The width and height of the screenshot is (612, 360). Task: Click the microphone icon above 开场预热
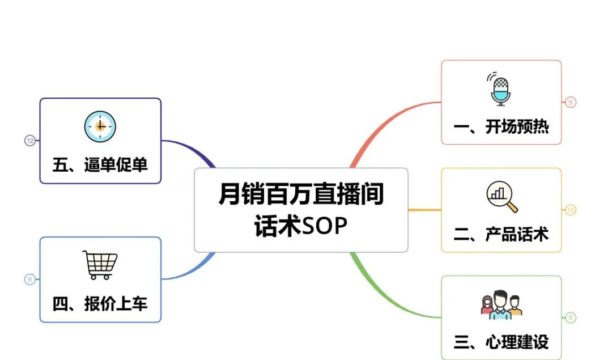(499, 89)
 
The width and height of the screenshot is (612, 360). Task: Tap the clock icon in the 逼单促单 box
(100, 126)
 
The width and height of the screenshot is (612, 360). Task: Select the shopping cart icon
(100, 265)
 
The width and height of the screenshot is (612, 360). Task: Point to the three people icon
(501, 304)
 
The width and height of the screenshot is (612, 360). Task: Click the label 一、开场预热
(501, 127)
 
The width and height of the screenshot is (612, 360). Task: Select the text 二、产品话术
(501, 234)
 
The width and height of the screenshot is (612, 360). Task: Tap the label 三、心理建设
(501, 342)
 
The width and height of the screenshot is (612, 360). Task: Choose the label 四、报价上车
(100, 304)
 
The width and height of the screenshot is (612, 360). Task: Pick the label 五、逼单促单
(100, 165)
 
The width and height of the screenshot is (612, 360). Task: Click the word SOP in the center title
(324, 226)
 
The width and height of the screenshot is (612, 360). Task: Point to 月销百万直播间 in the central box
(301, 194)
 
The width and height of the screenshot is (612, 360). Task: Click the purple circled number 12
(30, 141)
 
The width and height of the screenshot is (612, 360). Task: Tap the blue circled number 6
(30, 279)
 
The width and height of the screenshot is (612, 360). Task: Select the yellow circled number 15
(571, 210)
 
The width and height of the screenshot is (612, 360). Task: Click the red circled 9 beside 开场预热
(571, 102)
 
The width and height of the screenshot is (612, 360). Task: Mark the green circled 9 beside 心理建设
(571, 317)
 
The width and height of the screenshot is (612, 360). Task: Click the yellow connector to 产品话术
(424, 210)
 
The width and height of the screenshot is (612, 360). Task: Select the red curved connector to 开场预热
(381, 121)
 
